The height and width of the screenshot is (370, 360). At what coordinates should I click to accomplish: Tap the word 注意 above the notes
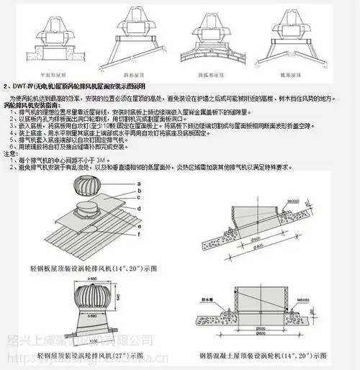[12, 153]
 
